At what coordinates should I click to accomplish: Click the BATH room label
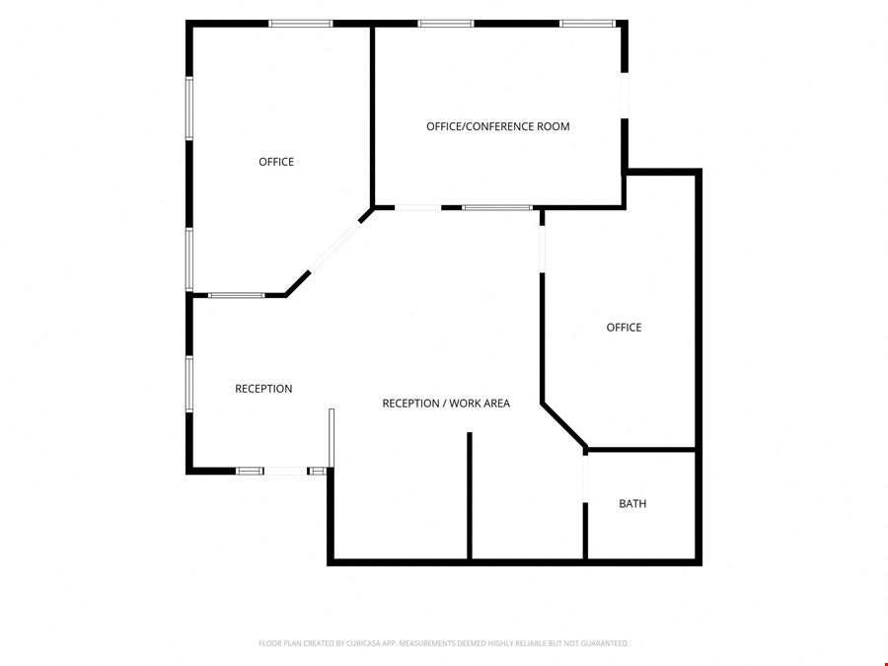(632, 503)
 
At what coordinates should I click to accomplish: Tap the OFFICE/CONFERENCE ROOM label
(498, 126)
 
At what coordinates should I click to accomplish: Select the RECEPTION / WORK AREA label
(446, 404)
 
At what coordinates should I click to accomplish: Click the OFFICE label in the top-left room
(276, 162)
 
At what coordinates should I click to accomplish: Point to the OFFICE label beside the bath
(625, 328)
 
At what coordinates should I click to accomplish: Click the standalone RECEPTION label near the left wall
(263, 389)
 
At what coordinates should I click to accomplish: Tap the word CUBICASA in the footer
(362, 643)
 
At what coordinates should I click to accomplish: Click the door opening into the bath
(585, 479)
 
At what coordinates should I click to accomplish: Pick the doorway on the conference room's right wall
(625, 96)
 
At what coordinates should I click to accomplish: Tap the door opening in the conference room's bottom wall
(418, 208)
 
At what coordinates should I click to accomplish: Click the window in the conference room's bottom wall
(497, 208)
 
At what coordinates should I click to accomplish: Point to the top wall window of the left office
(301, 24)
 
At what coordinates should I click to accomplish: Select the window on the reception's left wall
(189, 384)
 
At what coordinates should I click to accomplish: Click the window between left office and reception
(236, 295)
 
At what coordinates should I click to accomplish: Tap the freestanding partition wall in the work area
(470, 495)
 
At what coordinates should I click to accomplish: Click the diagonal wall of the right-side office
(564, 425)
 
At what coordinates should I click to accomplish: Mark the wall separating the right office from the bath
(641, 450)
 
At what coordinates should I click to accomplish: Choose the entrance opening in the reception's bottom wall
(285, 471)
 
